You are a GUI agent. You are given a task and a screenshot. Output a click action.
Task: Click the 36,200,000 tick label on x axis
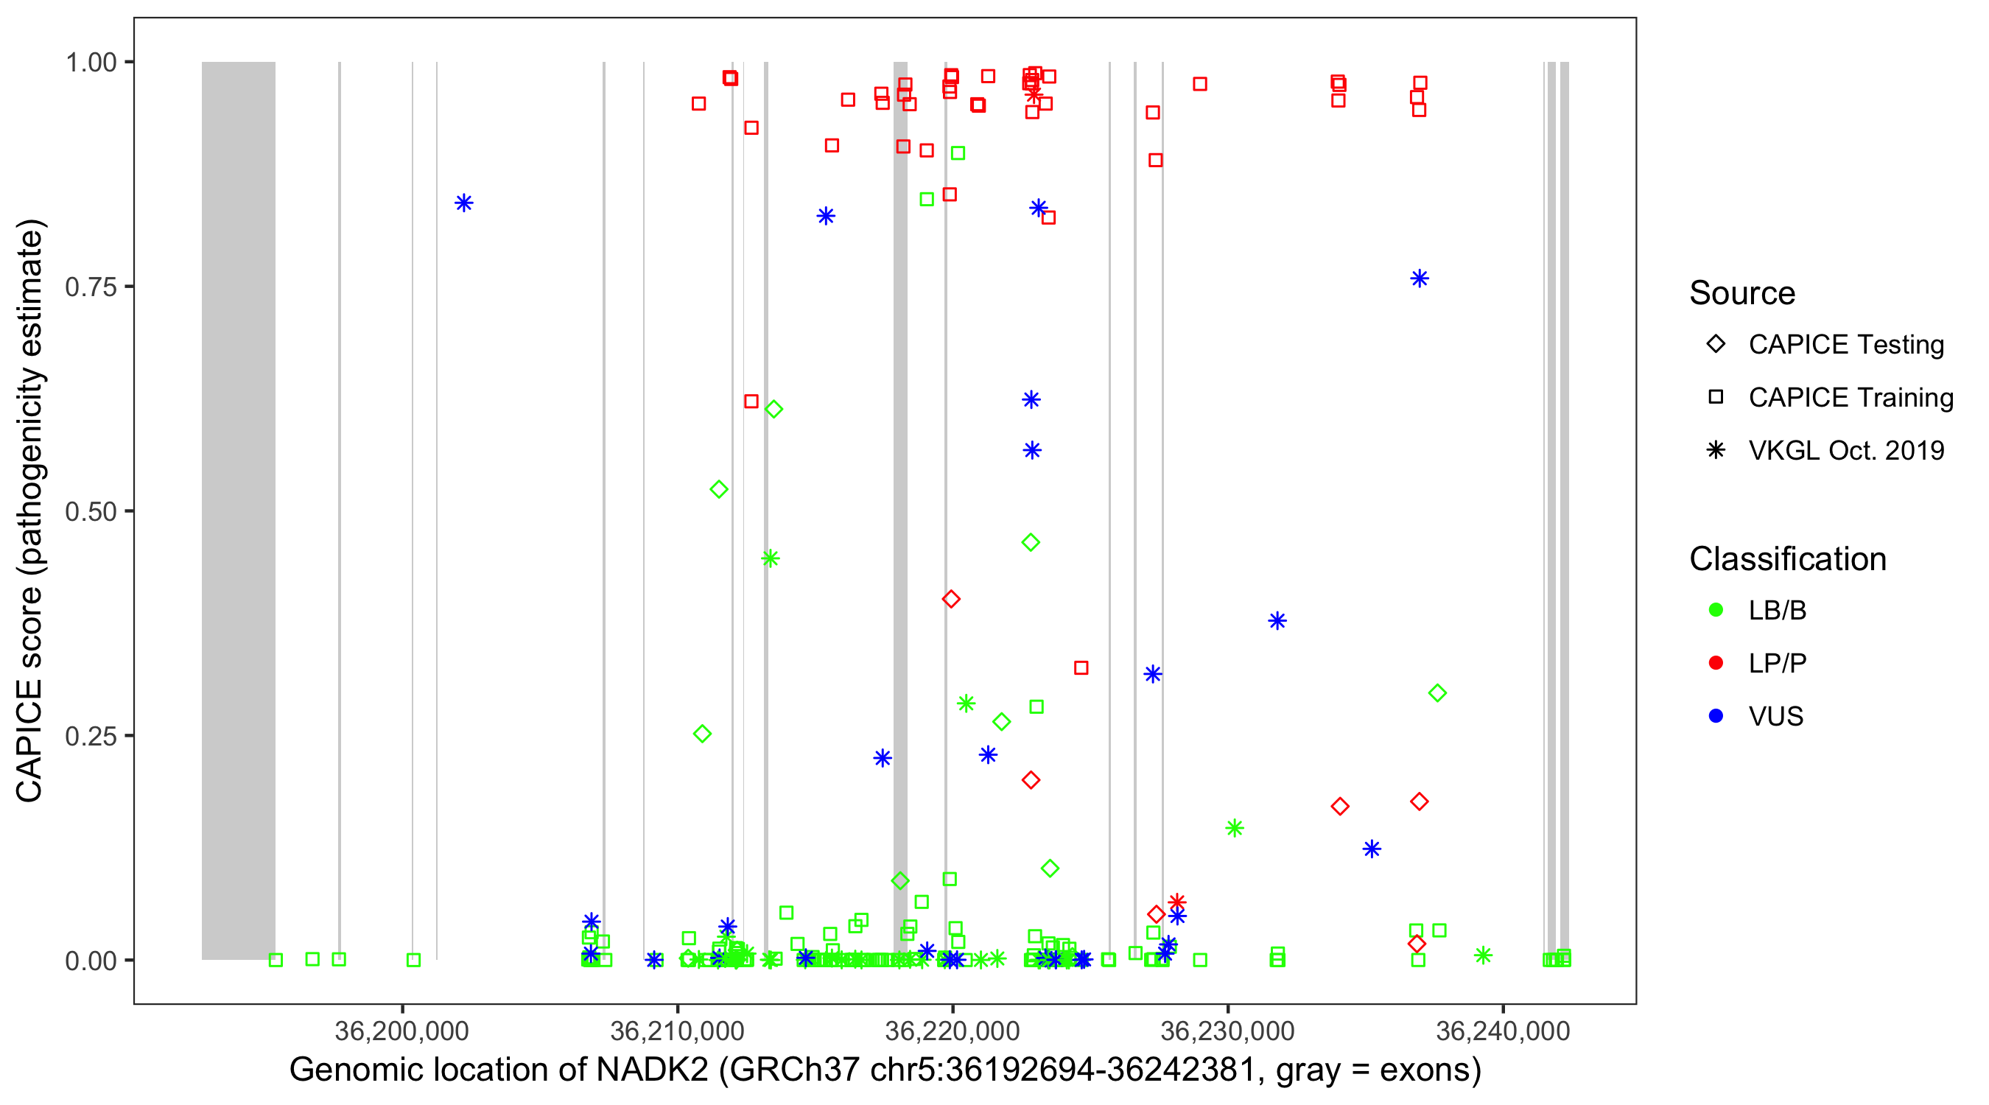pos(401,1030)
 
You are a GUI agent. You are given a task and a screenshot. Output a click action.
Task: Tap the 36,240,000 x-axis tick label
pos(1503,1030)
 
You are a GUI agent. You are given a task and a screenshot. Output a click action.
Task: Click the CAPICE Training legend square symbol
pos(1716,397)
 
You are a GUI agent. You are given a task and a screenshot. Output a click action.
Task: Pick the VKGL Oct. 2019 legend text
pos(1846,450)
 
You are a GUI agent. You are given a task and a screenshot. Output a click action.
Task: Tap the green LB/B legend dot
pos(1716,610)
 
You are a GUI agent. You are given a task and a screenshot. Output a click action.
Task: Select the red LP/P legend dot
pos(1716,663)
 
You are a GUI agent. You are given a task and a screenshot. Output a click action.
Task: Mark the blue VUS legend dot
pos(1716,716)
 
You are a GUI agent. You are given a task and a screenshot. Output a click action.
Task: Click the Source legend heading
pos(1742,293)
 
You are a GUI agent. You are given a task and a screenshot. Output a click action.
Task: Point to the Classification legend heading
pos(1787,559)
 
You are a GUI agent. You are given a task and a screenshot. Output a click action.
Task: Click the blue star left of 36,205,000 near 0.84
pos(463,203)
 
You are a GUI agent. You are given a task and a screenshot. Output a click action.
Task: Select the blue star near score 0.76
pos(1419,278)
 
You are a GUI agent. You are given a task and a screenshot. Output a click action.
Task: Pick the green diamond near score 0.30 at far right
pos(1437,693)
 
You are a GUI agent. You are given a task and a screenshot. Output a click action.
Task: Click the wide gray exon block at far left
pos(239,510)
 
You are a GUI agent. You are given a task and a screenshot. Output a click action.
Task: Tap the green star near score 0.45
pos(770,558)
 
